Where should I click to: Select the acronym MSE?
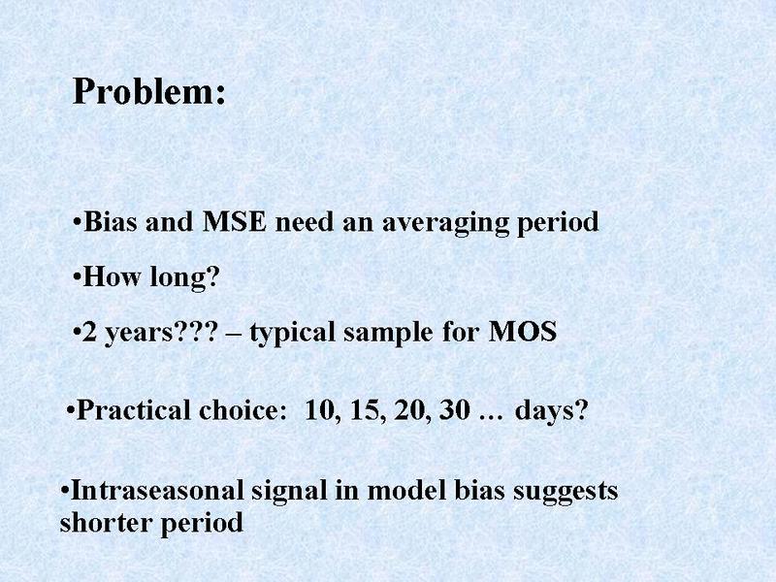click(235, 222)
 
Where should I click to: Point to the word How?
click(112, 276)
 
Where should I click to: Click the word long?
click(184, 278)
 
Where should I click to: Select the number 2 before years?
click(89, 332)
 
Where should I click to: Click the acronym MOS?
click(523, 332)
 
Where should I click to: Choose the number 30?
click(454, 410)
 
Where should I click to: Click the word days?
click(552, 411)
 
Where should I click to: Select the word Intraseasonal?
click(157, 491)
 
